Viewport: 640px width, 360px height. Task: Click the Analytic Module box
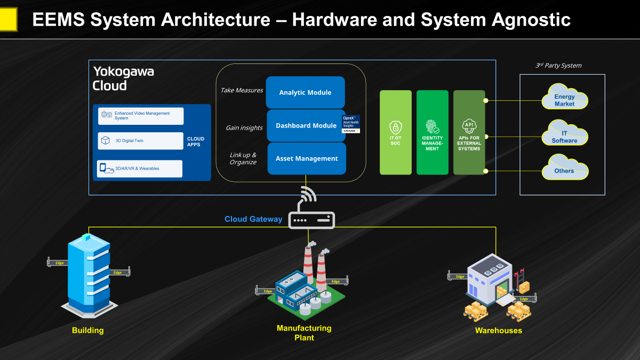tap(306, 93)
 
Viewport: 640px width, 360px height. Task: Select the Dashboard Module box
tap(306, 126)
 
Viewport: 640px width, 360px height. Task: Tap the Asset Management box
tap(307, 158)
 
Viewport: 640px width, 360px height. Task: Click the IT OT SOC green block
tap(396, 132)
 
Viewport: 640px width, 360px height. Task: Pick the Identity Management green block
tap(433, 132)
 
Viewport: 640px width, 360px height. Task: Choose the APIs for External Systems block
tap(469, 132)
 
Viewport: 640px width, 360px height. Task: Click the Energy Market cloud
tap(564, 100)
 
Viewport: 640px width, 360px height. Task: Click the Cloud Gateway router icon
tap(311, 219)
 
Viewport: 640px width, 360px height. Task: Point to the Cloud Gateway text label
tap(253, 219)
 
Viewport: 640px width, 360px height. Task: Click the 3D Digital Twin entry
tap(141, 141)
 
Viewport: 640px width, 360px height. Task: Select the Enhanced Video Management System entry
tap(141, 116)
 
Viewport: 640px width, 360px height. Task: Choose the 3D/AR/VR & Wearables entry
tap(141, 169)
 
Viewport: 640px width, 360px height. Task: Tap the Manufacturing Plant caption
tap(304, 333)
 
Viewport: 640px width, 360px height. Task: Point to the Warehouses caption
tap(498, 331)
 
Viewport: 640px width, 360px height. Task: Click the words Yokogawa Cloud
tap(123, 78)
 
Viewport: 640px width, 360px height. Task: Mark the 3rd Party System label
tap(558, 66)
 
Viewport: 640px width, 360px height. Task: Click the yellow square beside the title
tap(9, 20)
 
